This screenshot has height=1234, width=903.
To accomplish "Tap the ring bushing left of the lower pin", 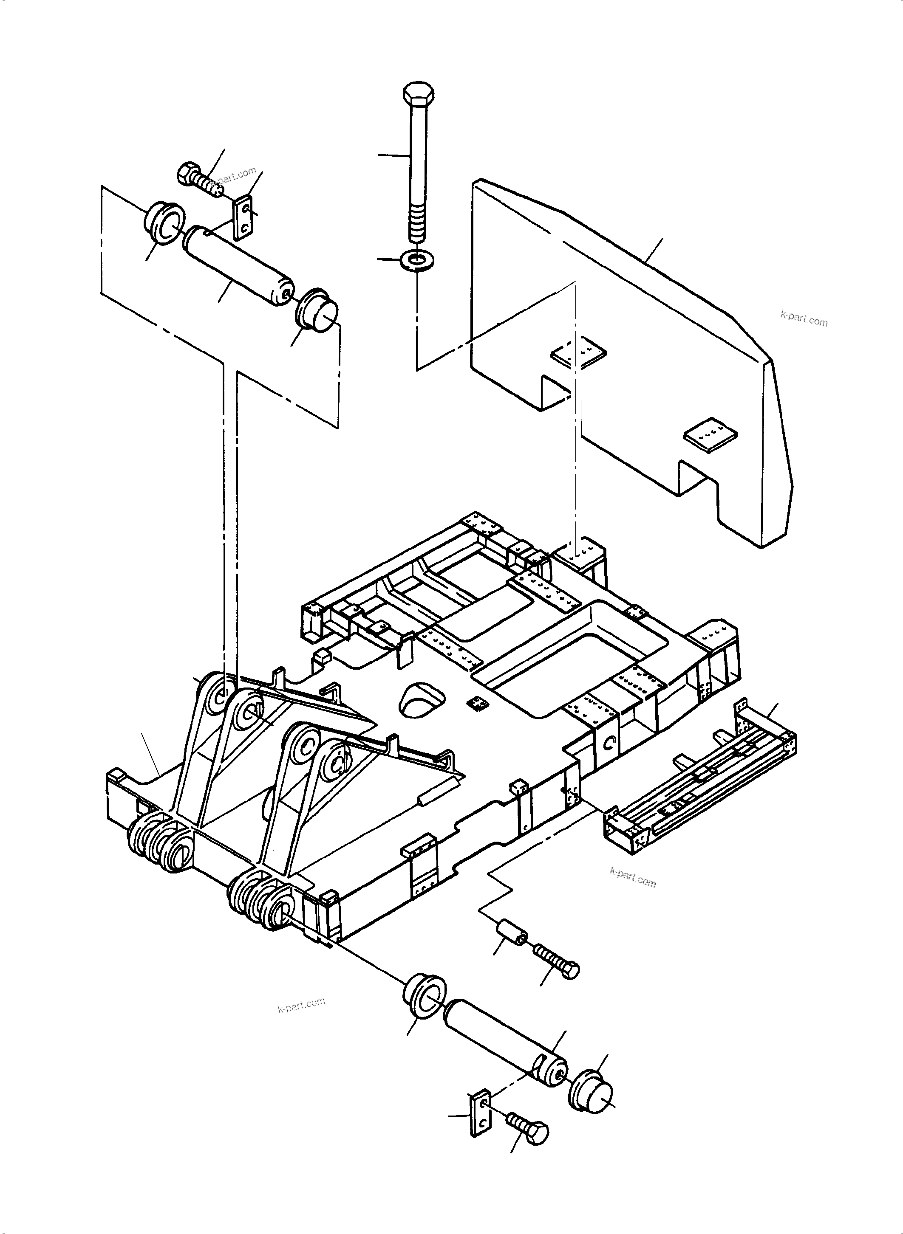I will (424, 996).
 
